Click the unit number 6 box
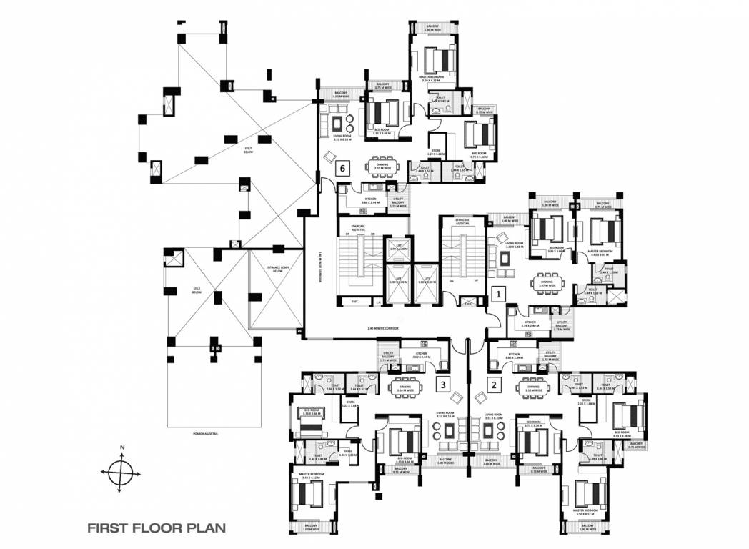344,168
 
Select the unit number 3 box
444,385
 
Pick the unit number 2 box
493,385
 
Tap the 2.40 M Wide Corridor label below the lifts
387,329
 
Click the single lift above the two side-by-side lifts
397,249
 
